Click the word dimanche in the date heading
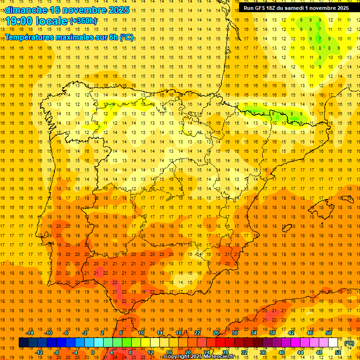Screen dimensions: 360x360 point(26,10)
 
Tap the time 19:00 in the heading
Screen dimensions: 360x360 point(19,21)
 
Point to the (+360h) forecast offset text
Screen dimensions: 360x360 point(83,21)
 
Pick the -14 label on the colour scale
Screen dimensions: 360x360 point(30,333)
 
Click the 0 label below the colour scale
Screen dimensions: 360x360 point(92,352)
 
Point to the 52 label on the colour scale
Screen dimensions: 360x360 point(338,352)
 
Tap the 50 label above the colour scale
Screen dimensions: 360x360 point(329,333)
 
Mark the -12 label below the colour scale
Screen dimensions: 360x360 point(39,352)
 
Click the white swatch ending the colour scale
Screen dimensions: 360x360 point(333,343)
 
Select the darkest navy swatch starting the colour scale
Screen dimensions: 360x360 point(23,343)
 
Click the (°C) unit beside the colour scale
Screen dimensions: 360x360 point(349,343)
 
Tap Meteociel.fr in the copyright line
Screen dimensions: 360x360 point(218,357)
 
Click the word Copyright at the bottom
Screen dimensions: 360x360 point(178,357)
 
